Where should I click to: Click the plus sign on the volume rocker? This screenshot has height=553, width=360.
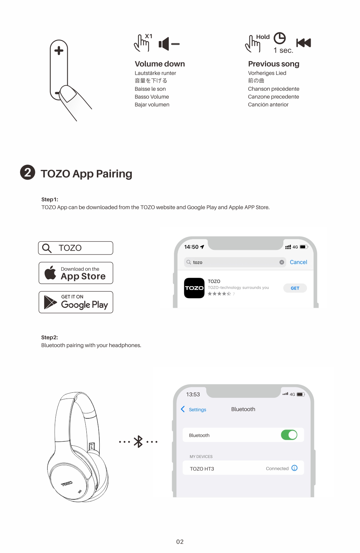click(59, 51)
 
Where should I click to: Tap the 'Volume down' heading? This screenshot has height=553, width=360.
click(160, 64)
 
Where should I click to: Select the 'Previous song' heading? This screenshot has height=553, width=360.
click(274, 64)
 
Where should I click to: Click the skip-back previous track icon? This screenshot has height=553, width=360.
click(303, 43)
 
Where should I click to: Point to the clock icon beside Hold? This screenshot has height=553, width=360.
click(279, 38)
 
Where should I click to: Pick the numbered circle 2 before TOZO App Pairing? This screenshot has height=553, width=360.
click(27, 172)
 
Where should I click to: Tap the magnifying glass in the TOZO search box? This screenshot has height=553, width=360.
click(47, 248)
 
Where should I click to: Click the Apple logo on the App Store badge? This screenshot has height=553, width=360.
click(50, 273)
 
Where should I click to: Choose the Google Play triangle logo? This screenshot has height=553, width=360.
click(50, 302)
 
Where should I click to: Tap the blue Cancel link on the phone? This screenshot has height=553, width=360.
click(298, 262)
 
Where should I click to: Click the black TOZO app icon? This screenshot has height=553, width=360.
click(194, 288)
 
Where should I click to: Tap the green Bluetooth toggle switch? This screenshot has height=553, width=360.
click(289, 435)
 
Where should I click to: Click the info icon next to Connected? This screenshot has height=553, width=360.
click(294, 468)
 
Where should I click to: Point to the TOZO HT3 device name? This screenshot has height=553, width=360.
click(202, 469)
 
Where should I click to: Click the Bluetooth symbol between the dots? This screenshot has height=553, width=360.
click(138, 442)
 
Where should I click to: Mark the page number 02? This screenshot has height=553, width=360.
click(180, 541)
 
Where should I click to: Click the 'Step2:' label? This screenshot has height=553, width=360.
click(49, 337)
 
